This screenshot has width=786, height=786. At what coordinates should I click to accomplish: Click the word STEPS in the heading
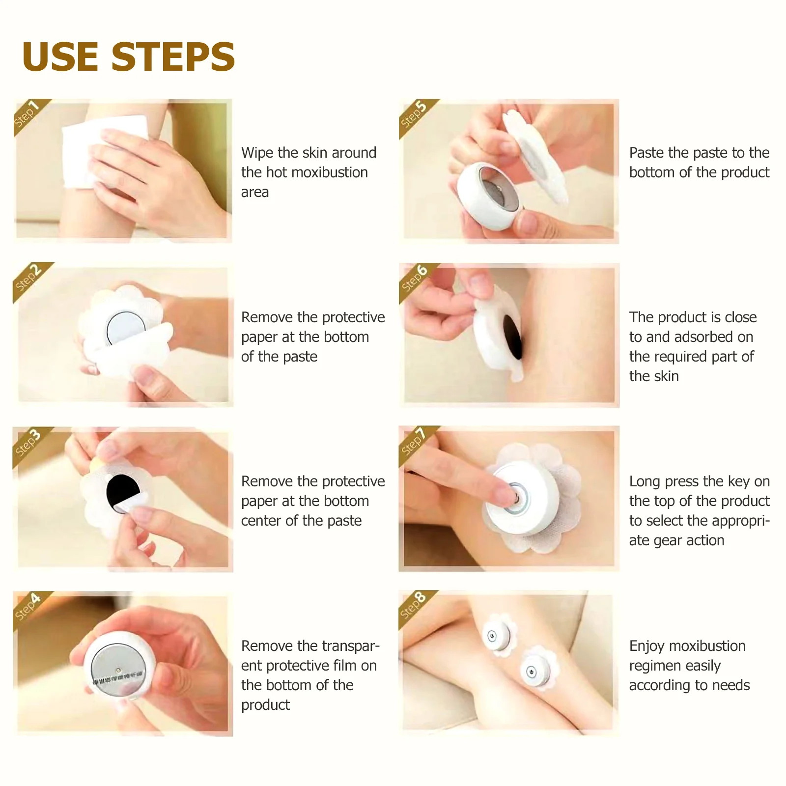click(x=173, y=56)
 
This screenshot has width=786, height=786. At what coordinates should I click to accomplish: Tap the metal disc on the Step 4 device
click(x=118, y=670)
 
